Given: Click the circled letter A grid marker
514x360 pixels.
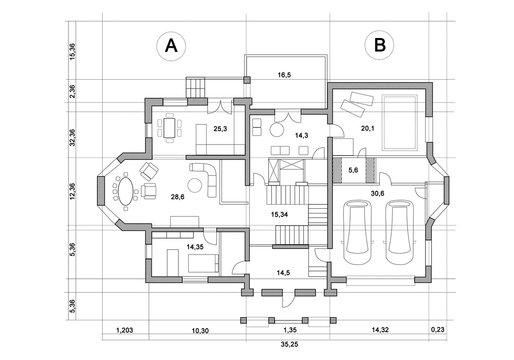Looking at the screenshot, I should click(x=172, y=45).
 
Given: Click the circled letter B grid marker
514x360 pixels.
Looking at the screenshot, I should click(x=379, y=45).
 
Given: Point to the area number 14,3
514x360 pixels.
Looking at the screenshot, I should click(x=301, y=133).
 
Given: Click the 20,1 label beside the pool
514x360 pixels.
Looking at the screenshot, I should click(x=367, y=128).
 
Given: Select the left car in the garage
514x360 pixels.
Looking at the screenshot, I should click(x=356, y=231).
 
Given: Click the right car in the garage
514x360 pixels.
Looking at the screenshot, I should click(x=399, y=231).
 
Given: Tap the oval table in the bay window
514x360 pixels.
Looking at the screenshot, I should click(x=124, y=189).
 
